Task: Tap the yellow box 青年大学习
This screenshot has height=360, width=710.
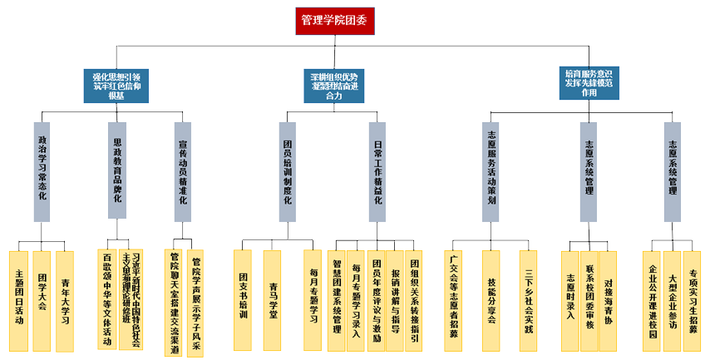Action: coord(65,299)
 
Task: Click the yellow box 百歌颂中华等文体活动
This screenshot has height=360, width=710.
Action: coord(107,299)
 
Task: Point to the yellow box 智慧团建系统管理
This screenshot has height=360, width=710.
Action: coord(337,299)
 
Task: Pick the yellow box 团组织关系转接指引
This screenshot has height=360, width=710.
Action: coord(416,299)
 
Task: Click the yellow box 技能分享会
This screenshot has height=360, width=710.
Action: coord(491,299)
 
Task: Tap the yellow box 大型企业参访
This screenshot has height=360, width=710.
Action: coord(672,299)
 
